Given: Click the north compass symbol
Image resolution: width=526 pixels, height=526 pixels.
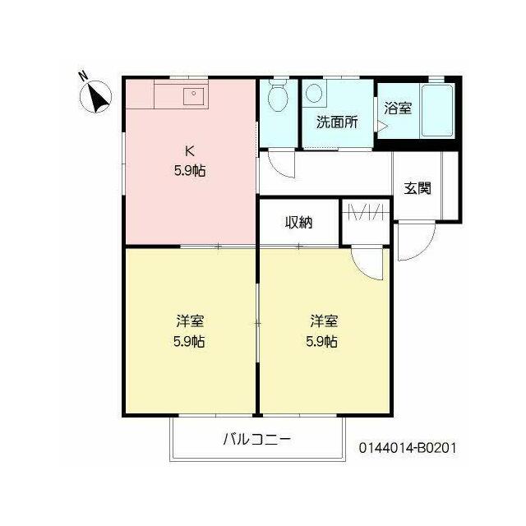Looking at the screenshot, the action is coord(95,97).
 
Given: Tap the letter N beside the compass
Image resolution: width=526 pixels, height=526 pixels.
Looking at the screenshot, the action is coord(83,76).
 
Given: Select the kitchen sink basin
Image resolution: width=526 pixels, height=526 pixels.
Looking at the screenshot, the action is coord(194,96).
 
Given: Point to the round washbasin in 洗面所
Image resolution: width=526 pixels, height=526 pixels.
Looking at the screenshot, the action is coord(314,92).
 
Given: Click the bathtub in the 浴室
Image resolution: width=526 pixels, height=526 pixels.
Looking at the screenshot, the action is coord(437,110).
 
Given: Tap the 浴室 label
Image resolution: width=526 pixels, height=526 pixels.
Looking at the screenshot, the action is coord(398,108).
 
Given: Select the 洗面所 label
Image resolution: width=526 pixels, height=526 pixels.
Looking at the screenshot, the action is coord(337,122).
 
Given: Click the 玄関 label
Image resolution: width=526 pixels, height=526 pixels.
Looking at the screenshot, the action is coord(417,188).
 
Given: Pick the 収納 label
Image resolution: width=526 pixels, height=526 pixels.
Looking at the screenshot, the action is coord(298,222).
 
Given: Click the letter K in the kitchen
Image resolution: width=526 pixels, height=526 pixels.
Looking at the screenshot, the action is coord(190,151).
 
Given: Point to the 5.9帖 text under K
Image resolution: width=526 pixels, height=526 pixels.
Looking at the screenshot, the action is coord(190,171).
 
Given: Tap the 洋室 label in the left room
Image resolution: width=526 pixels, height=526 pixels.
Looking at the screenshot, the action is coord(190,321).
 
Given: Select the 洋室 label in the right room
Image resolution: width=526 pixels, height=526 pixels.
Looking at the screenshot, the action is coord(324,321).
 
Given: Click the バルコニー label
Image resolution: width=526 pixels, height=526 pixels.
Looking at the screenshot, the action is coord(257,439).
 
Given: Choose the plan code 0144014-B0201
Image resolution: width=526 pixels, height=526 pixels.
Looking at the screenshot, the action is coord(408,447).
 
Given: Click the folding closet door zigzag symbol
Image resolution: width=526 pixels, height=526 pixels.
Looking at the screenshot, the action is coord(366,212).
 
